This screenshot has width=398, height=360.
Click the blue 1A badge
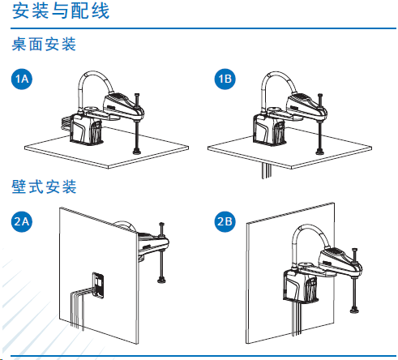pyautogui.click(x=22, y=79)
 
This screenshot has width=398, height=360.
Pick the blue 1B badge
pyautogui.click(x=225, y=79)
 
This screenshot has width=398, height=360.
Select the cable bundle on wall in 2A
pyautogui.click(x=78, y=304)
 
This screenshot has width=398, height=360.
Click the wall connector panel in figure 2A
pyautogui.click(x=98, y=284)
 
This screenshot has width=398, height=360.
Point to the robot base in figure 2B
pyautogui.click(x=301, y=286)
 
